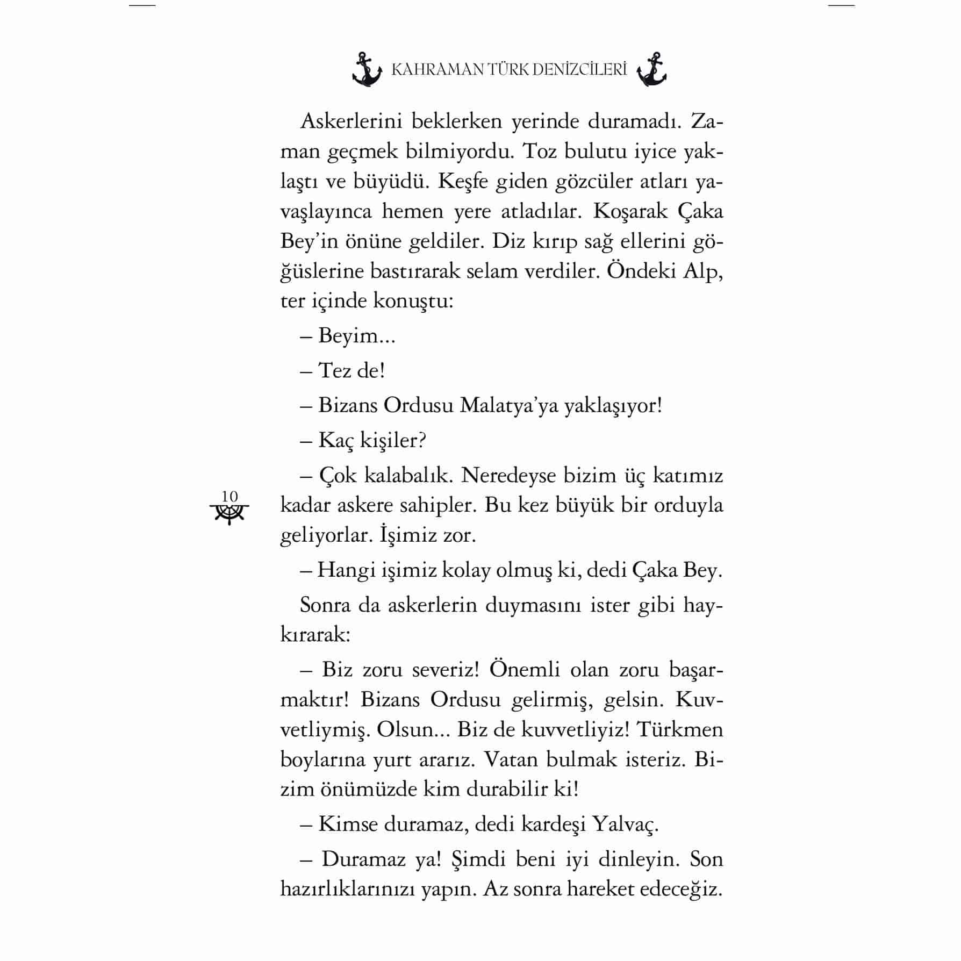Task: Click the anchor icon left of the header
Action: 367,70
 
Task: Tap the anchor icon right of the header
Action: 651,70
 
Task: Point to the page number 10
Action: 230,496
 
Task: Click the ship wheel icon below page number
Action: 230,514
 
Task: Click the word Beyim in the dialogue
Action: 348,336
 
